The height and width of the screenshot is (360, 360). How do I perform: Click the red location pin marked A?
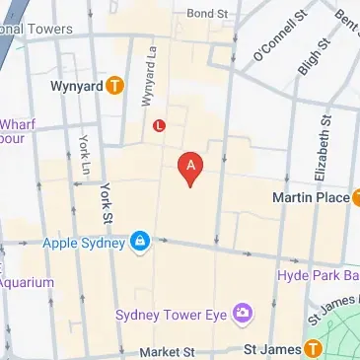coord(189,167)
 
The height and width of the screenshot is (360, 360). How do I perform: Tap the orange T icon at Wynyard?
coord(115,86)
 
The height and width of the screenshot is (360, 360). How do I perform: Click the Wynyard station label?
coord(76,86)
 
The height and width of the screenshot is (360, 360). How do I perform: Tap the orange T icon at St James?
coord(312,348)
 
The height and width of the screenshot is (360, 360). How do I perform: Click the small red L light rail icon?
coord(160,124)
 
